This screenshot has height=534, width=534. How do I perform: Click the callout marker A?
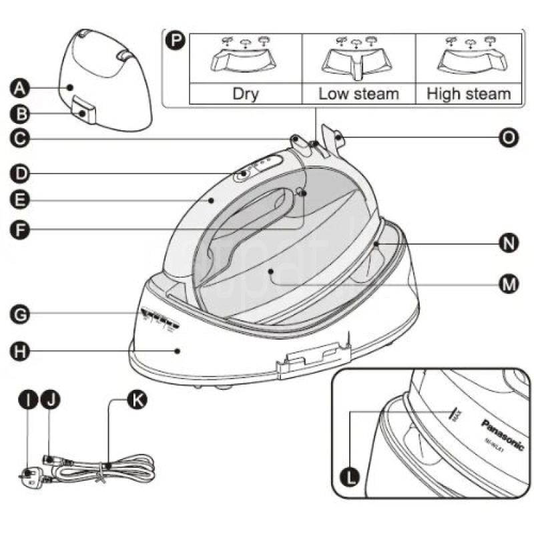click(x=20, y=87)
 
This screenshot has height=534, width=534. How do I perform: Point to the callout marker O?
click(x=509, y=138)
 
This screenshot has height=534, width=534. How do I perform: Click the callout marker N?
click(x=509, y=244)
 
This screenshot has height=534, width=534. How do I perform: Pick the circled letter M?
click(x=509, y=284)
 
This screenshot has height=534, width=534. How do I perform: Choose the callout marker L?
click(x=352, y=477)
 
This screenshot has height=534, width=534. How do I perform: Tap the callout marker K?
click(x=138, y=400)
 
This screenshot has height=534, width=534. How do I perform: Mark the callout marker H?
click(x=20, y=351)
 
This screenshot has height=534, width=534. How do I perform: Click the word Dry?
click(x=246, y=93)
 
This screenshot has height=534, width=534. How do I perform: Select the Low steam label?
click(x=358, y=93)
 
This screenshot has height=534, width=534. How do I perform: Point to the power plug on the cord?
click(x=27, y=475)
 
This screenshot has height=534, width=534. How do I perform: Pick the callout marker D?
click(x=20, y=174)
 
